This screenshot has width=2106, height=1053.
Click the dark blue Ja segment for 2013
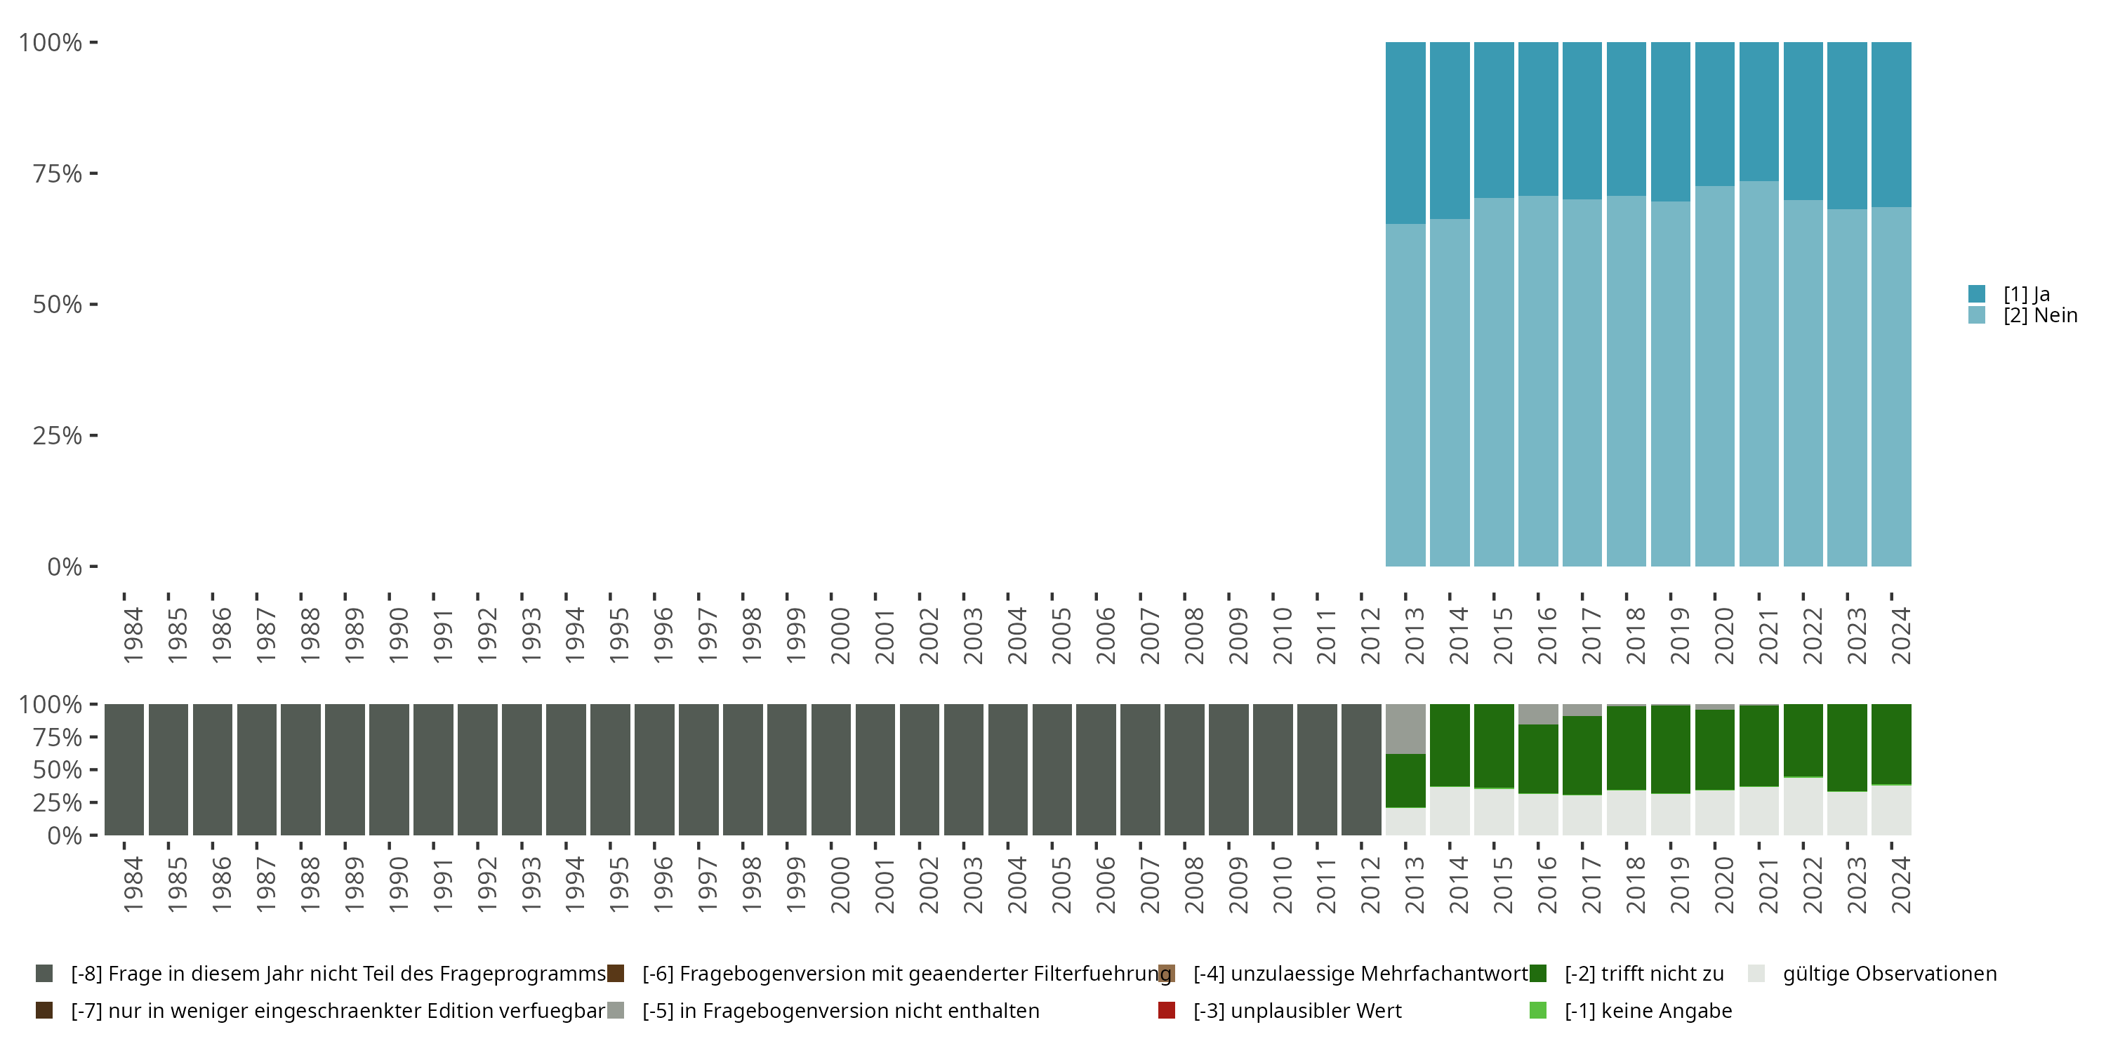pyautogui.click(x=1405, y=133)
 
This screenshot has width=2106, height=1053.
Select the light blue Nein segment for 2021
pyautogui.click(x=1759, y=373)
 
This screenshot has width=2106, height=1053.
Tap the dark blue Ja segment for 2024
pyautogui.click(x=1891, y=124)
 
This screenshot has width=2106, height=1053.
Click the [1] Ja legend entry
pyautogui.click(x=2025, y=294)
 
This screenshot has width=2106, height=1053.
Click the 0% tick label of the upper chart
pyautogui.click(x=64, y=567)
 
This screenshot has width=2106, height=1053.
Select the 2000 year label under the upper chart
pyautogui.click(x=840, y=636)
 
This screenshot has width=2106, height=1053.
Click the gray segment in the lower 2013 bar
pyautogui.click(x=1405, y=729)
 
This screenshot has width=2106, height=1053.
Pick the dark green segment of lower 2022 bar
pyautogui.click(x=1803, y=740)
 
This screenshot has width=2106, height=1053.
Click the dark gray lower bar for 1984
pyautogui.click(x=124, y=769)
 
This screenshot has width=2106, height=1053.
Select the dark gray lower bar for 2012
pyautogui.click(x=1361, y=769)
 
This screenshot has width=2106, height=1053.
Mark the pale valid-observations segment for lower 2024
pyautogui.click(x=1891, y=810)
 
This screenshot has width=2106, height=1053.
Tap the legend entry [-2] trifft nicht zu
pyautogui.click(x=1643, y=974)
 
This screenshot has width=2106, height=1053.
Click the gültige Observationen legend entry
pyautogui.click(x=1888, y=974)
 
